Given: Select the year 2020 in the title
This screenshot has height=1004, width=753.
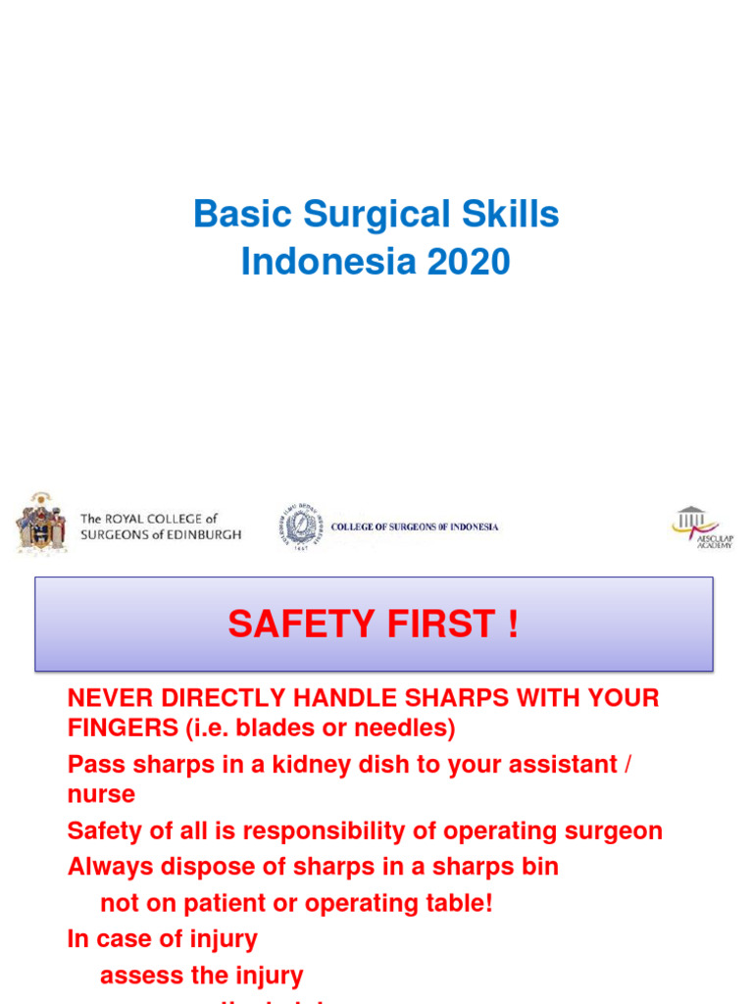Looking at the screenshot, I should [468, 263].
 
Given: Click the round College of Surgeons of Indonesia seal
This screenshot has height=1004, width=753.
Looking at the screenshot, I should [299, 527].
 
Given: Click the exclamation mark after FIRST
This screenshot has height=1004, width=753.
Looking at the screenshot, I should [513, 624].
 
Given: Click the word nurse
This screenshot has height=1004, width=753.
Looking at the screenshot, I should [101, 794].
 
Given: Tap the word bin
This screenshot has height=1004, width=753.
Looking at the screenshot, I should [540, 868].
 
